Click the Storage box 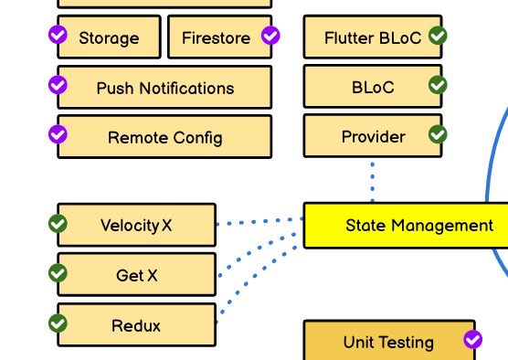pos(109,37)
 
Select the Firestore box pos(216,37)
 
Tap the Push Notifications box pos(164,88)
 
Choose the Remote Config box pos(164,137)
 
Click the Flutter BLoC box pos(373,37)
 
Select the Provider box pos(373,136)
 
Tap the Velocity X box pos(136,226)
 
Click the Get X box pos(136,275)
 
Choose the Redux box pos(136,325)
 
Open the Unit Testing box pos(388,342)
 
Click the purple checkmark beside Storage pos(58,36)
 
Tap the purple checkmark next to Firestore pos(270,36)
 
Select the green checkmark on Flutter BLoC pos(439,36)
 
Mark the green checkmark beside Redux pos(58,323)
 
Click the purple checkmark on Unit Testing pos(472,340)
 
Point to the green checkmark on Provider pos(439,134)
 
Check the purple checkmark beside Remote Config pos(58,134)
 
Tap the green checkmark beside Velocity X pos(58,223)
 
